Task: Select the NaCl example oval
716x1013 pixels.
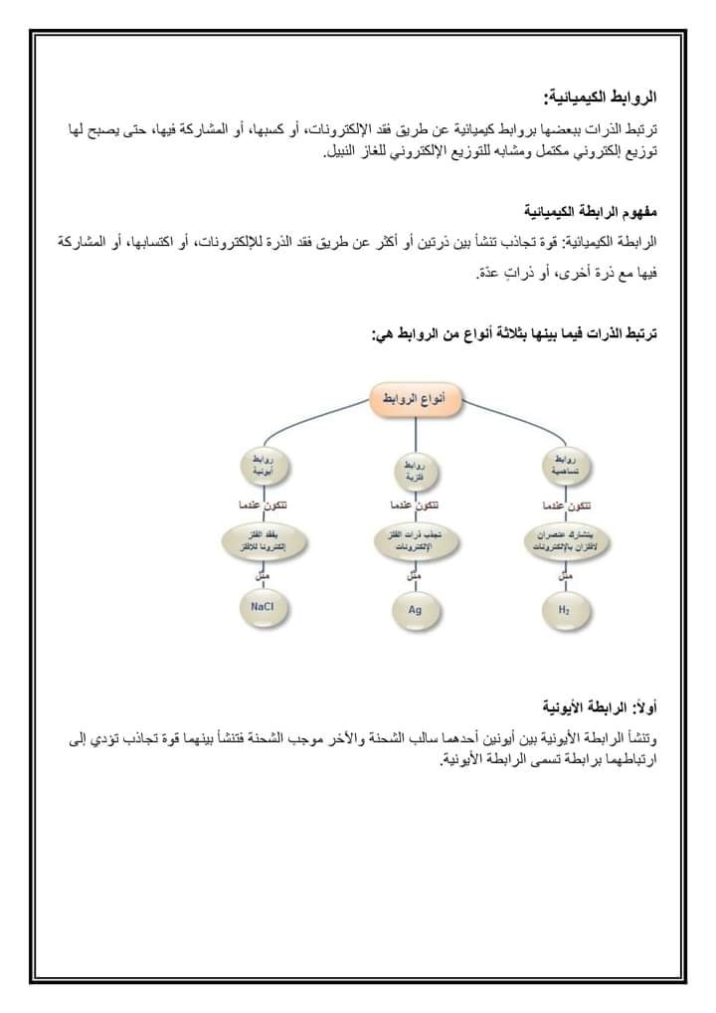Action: [264, 606]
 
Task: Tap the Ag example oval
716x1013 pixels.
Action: [414, 610]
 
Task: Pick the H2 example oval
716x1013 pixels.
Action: [564, 608]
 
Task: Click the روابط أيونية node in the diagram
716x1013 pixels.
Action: [264, 466]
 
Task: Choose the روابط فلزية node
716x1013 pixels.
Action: [414, 470]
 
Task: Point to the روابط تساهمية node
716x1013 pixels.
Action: [564, 465]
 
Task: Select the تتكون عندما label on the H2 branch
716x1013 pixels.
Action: [564, 506]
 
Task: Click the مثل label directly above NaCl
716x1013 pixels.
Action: [263, 574]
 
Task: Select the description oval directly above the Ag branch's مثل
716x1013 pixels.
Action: [414, 541]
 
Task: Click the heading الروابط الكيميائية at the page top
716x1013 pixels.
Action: [600, 97]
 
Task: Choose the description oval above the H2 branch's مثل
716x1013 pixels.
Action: [564, 541]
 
